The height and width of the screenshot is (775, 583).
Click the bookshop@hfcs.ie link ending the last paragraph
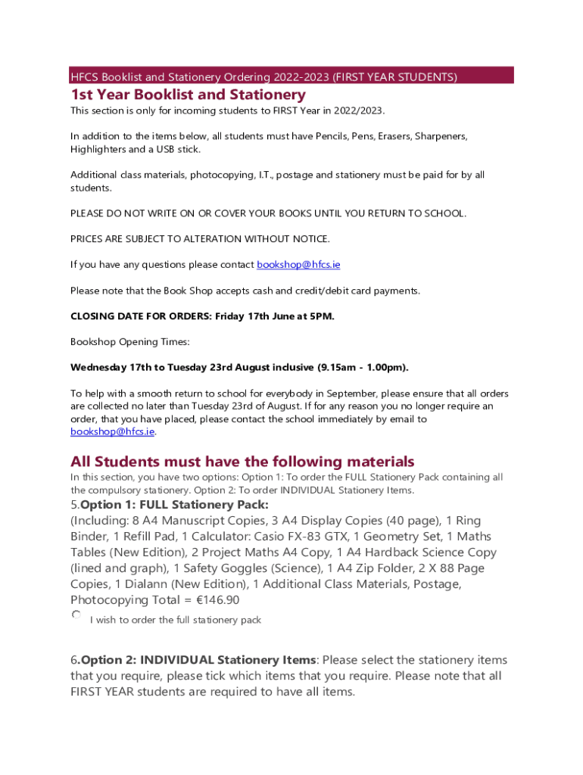(112, 431)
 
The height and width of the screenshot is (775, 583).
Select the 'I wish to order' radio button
(76, 616)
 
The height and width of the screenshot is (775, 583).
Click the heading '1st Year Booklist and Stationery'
(188, 95)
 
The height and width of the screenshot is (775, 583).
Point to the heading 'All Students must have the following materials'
(242, 462)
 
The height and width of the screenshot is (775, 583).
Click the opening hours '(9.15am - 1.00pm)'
(359, 368)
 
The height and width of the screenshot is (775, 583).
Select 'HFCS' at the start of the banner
(84, 77)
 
